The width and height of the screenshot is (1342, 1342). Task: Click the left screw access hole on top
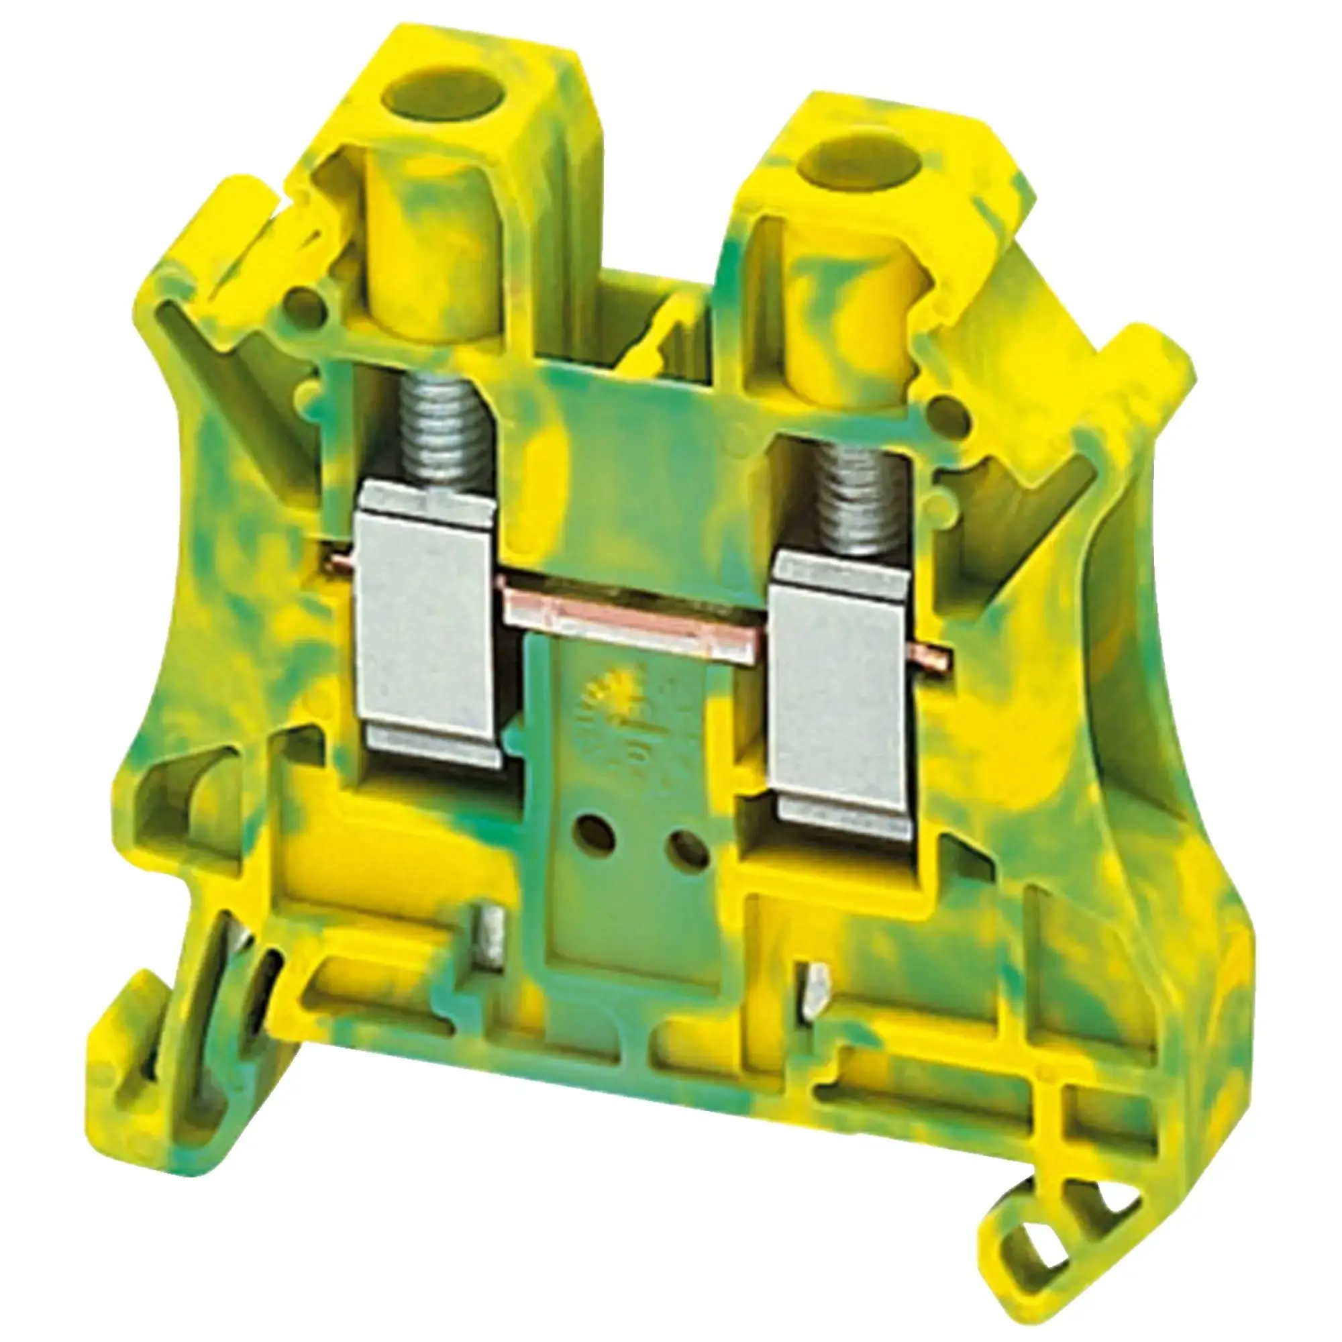(425, 93)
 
